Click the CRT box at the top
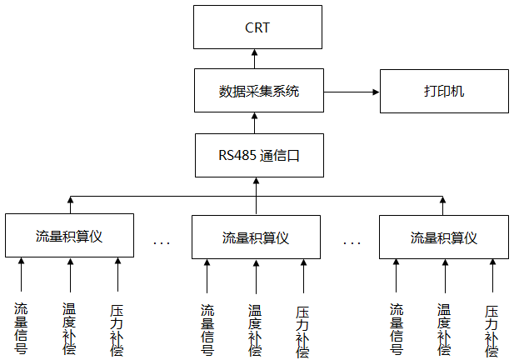(x=257, y=27)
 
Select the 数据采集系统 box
(x=257, y=91)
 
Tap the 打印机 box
(x=443, y=91)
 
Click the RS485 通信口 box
(x=257, y=154)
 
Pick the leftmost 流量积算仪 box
(x=69, y=237)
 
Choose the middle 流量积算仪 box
(x=256, y=237)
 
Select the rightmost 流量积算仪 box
(x=443, y=237)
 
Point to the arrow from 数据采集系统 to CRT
(x=257, y=58)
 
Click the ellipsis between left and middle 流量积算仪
(x=162, y=242)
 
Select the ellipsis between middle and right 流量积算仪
(x=352, y=242)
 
